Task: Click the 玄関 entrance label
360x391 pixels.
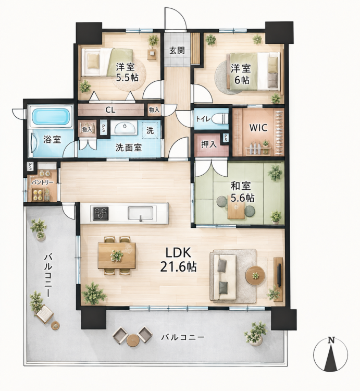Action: point(177,51)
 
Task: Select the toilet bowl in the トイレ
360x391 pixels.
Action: point(220,118)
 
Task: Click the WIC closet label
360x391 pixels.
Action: point(258,128)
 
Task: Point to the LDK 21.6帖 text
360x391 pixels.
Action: point(178,260)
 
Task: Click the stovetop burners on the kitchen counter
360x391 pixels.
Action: point(101,213)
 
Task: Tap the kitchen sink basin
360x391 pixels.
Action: point(140,213)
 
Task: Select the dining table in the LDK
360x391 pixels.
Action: point(117,255)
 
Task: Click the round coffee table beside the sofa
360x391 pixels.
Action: point(255,275)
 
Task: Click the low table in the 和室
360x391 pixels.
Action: point(236,207)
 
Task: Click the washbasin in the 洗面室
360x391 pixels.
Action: point(126,128)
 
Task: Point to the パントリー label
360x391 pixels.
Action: point(42,182)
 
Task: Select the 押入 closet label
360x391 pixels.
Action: point(209,144)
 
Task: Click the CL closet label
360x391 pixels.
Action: point(110,109)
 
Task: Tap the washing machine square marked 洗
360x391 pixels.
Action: point(151,129)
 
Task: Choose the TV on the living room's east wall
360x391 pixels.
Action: point(279,275)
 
